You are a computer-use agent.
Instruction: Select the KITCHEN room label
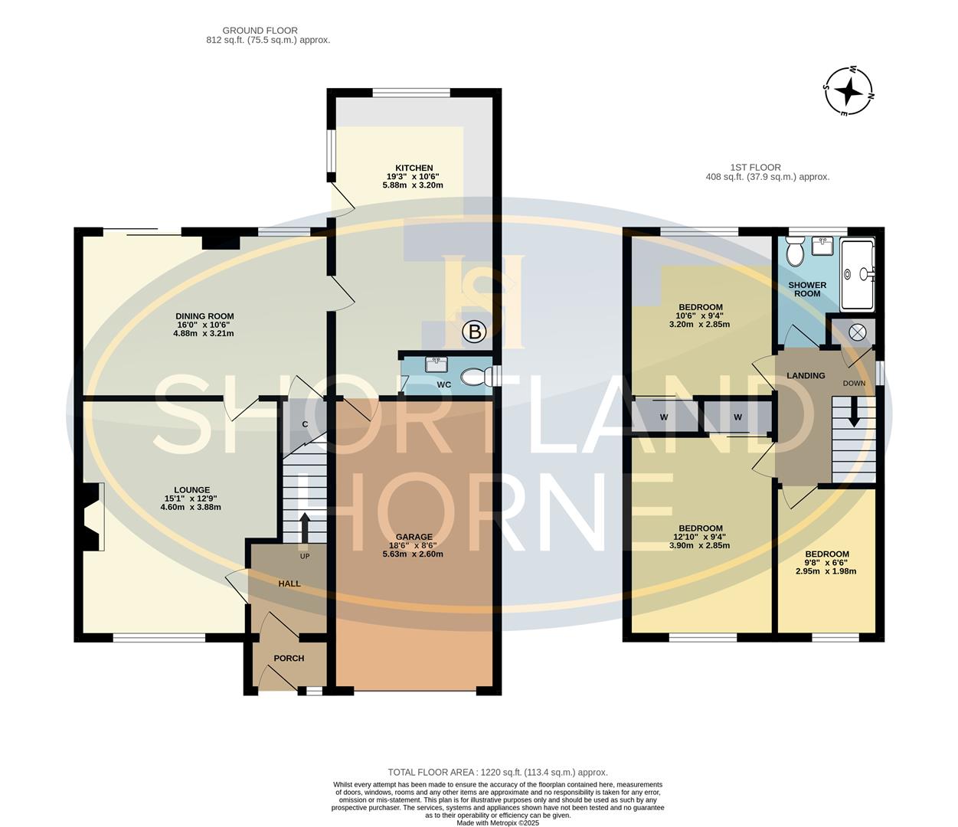click(414, 168)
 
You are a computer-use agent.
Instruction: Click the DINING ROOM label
click(204, 316)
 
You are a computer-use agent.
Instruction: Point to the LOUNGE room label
click(192, 490)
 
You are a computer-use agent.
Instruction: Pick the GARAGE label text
click(417, 537)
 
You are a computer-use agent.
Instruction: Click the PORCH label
click(289, 659)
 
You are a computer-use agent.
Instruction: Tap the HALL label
click(289, 583)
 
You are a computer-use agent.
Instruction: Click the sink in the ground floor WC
click(436, 364)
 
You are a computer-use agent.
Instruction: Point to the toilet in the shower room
click(796, 252)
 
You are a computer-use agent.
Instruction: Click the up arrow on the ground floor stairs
click(305, 527)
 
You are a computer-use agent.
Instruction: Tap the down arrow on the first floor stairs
click(854, 413)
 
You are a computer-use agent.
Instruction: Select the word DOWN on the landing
click(854, 384)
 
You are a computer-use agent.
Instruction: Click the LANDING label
click(806, 375)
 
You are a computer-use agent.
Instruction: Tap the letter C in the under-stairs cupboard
click(305, 423)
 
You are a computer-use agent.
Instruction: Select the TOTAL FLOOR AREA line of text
click(497, 773)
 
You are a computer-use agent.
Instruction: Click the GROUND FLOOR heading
click(260, 31)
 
